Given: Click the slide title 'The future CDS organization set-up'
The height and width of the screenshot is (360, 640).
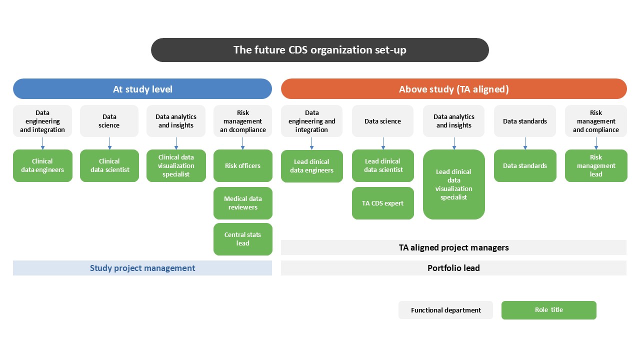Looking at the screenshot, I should click(x=320, y=50).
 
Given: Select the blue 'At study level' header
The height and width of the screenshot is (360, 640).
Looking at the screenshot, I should click(x=142, y=89).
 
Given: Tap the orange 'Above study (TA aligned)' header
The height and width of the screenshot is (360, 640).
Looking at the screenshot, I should click(x=453, y=89).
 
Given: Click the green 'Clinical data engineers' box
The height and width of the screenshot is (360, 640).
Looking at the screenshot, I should click(x=42, y=165).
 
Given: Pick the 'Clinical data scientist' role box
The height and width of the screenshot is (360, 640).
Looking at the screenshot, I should click(x=109, y=165).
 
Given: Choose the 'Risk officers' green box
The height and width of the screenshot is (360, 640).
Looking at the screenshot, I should click(x=242, y=165).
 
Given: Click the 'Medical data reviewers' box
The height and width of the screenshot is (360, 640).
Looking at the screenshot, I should click(x=242, y=203).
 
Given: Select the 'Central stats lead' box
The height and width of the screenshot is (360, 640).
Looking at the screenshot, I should click(x=242, y=239).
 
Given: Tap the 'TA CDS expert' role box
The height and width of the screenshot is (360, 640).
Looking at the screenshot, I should click(x=382, y=203).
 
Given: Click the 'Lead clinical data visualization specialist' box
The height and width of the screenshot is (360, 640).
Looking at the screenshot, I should click(x=453, y=184).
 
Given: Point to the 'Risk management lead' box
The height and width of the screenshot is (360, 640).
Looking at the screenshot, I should click(x=595, y=165).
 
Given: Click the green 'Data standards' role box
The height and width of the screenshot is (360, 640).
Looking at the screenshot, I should click(x=525, y=165).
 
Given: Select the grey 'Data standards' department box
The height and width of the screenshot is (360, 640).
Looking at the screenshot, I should click(x=525, y=121).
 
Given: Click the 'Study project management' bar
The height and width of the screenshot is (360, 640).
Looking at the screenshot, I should click(x=142, y=268).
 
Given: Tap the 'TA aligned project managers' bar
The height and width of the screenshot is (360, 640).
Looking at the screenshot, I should click(x=453, y=247).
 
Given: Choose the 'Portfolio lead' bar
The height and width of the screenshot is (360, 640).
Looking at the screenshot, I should click(x=453, y=268).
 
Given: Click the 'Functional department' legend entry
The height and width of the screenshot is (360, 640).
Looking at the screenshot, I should click(x=445, y=310).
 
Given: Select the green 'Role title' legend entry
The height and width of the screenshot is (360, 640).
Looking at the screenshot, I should click(x=548, y=310).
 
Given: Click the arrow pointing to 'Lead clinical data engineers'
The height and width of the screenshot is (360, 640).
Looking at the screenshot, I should click(x=311, y=143).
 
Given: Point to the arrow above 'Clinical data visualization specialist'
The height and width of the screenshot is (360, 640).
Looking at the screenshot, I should click(x=176, y=143).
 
